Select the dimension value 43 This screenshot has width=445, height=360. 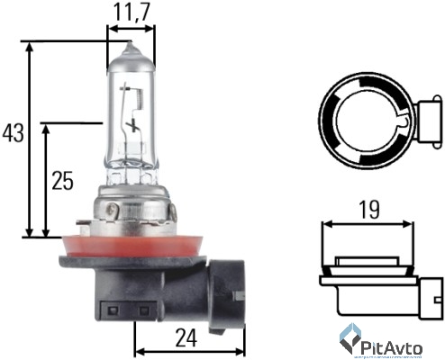click(x=14, y=134)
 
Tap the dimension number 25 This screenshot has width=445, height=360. click(x=62, y=180)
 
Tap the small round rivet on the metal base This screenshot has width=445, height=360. click(x=114, y=212)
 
